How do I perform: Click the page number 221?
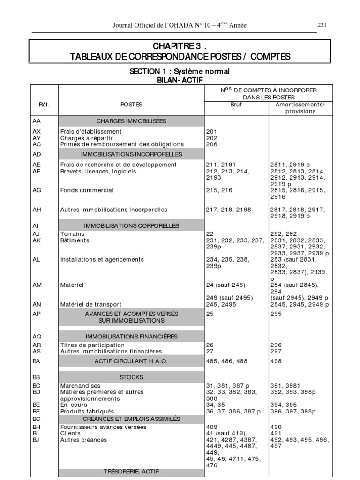(322, 25)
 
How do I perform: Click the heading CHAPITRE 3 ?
(180, 46)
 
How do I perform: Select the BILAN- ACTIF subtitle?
(180, 80)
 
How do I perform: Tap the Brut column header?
(236, 105)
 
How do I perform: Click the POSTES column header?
(131, 105)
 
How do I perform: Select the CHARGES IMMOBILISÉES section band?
(131, 121)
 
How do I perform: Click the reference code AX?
(37, 132)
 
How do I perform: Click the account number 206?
(211, 144)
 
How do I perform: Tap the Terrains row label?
(72, 233)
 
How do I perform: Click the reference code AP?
(37, 314)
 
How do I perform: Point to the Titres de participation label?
(92, 345)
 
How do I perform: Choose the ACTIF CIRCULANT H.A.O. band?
(131, 361)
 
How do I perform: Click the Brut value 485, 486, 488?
(226, 361)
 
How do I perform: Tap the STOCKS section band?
(131, 377)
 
